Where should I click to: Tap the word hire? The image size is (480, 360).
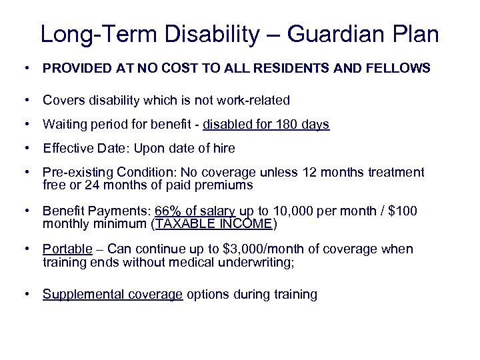[x=223, y=149]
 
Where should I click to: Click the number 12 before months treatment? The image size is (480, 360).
[x=310, y=173]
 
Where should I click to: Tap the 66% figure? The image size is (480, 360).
[x=167, y=211]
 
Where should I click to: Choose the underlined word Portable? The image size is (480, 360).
[x=67, y=249]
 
